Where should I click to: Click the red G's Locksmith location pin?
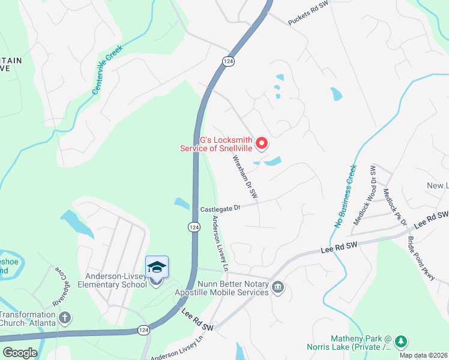point(262,143)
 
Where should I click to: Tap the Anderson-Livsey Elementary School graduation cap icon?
point(157,267)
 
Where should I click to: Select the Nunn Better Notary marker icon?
point(277,288)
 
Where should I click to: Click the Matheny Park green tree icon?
point(400,342)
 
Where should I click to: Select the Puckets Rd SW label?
point(309,13)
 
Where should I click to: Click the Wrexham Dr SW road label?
point(245,177)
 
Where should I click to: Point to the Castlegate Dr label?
point(220,208)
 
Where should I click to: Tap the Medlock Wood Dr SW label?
point(364,194)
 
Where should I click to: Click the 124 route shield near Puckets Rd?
point(228,62)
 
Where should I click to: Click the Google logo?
point(20,353)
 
